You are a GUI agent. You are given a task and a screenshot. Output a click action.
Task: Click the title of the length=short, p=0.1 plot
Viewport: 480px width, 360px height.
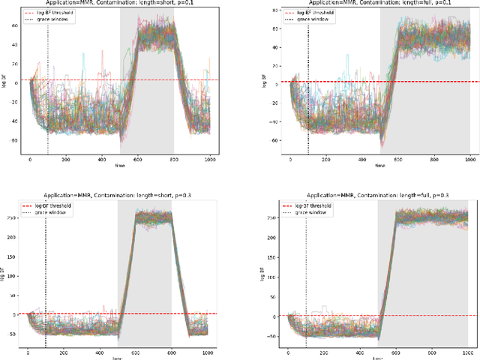tap(119, 4)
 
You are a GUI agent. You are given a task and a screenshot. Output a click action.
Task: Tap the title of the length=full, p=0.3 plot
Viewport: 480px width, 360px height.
tap(378, 194)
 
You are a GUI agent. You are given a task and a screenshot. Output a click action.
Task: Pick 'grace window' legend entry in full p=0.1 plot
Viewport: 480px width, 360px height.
tap(313, 20)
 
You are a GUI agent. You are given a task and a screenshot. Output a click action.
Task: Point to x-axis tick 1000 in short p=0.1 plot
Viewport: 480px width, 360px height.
tap(210, 160)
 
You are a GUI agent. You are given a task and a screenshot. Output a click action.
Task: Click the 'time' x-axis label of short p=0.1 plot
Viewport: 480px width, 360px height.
tap(120, 166)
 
